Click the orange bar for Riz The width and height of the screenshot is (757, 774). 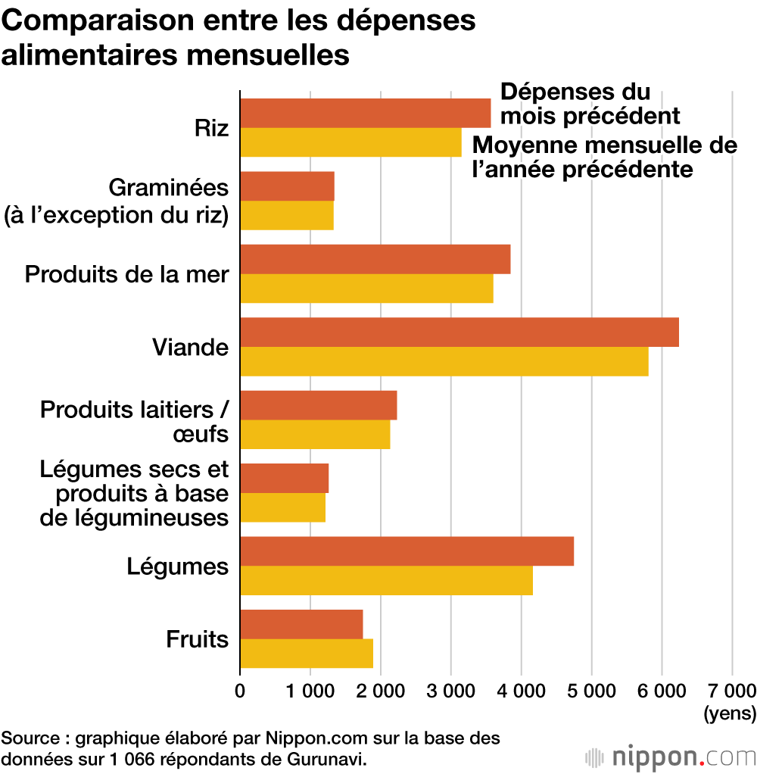(x=365, y=114)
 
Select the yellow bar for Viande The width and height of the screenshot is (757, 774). (x=444, y=361)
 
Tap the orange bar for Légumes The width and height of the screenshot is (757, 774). (x=407, y=551)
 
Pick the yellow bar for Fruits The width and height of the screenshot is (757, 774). (x=306, y=654)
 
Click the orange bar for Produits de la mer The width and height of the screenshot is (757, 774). (x=375, y=259)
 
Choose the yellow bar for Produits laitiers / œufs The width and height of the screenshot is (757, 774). (x=315, y=434)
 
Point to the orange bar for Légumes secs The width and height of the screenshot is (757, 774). (x=284, y=478)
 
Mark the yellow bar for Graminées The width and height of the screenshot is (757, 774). (x=286, y=215)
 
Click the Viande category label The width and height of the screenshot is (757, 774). (x=190, y=348)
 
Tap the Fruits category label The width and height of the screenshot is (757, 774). (x=197, y=639)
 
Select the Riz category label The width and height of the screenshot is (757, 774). (x=211, y=127)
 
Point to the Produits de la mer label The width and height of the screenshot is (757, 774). (x=126, y=273)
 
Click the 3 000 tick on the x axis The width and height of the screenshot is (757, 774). (x=450, y=690)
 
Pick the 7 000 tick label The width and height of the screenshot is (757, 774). (x=731, y=690)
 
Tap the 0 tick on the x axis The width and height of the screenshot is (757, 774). (x=240, y=690)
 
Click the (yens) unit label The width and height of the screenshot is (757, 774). (x=730, y=713)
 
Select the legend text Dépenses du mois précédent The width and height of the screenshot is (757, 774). (x=590, y=105)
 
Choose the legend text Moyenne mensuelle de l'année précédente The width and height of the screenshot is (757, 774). (x=604, y=157)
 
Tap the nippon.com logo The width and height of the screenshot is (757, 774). (x=671, y=756)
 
